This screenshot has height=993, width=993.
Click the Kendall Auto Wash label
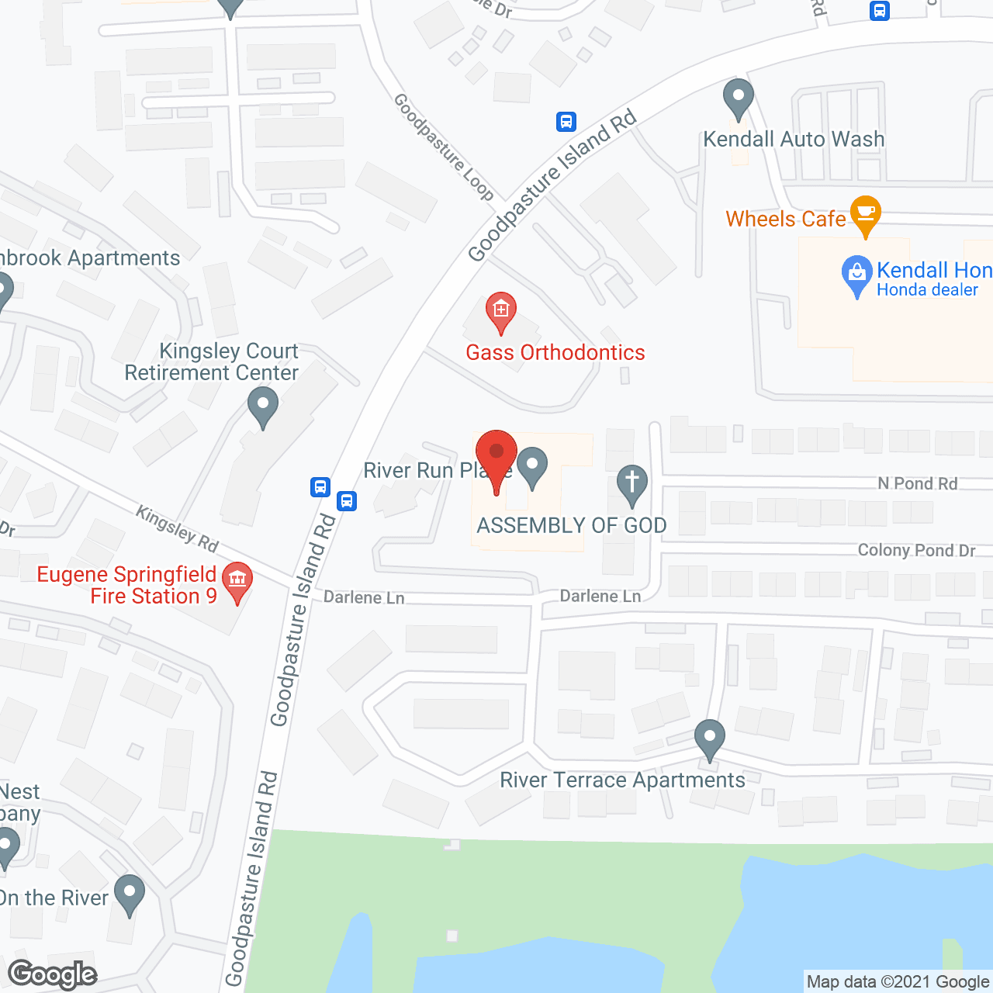tap(793, 140)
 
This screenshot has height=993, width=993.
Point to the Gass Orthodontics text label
tap(555, 353)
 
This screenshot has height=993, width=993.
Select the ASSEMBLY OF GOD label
tap(572, 526)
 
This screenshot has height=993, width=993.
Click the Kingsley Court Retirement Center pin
tap(263, 406)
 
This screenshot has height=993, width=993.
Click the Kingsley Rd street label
tap(177, 529)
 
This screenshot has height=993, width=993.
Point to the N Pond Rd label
tap(917, 484)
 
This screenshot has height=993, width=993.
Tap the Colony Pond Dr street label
tap(916, 551)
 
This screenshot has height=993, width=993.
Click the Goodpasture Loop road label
tap(443, 146)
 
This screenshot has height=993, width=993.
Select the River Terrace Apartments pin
tap(709, 738)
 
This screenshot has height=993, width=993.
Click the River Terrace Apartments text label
tap(622, 780)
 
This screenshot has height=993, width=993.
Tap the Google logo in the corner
tap(53, 974)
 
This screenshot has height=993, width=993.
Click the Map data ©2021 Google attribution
tap(898, 982)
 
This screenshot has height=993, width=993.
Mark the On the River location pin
tap(129, 893)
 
